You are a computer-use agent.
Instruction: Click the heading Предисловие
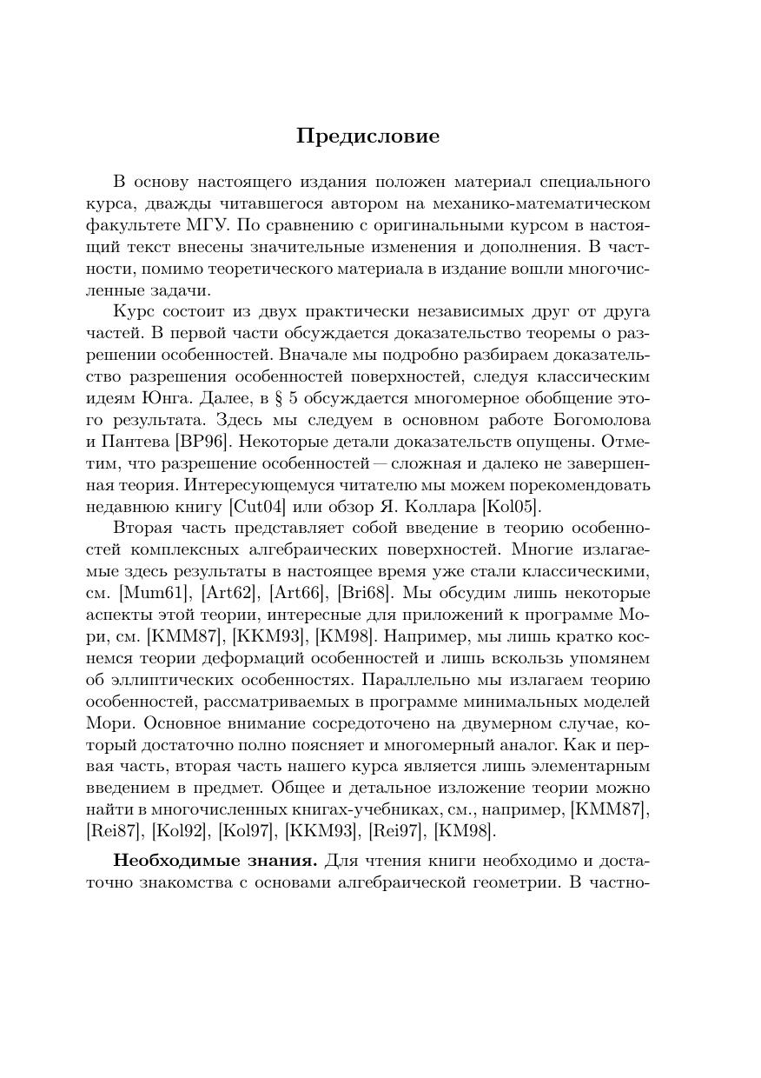[367, 136]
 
